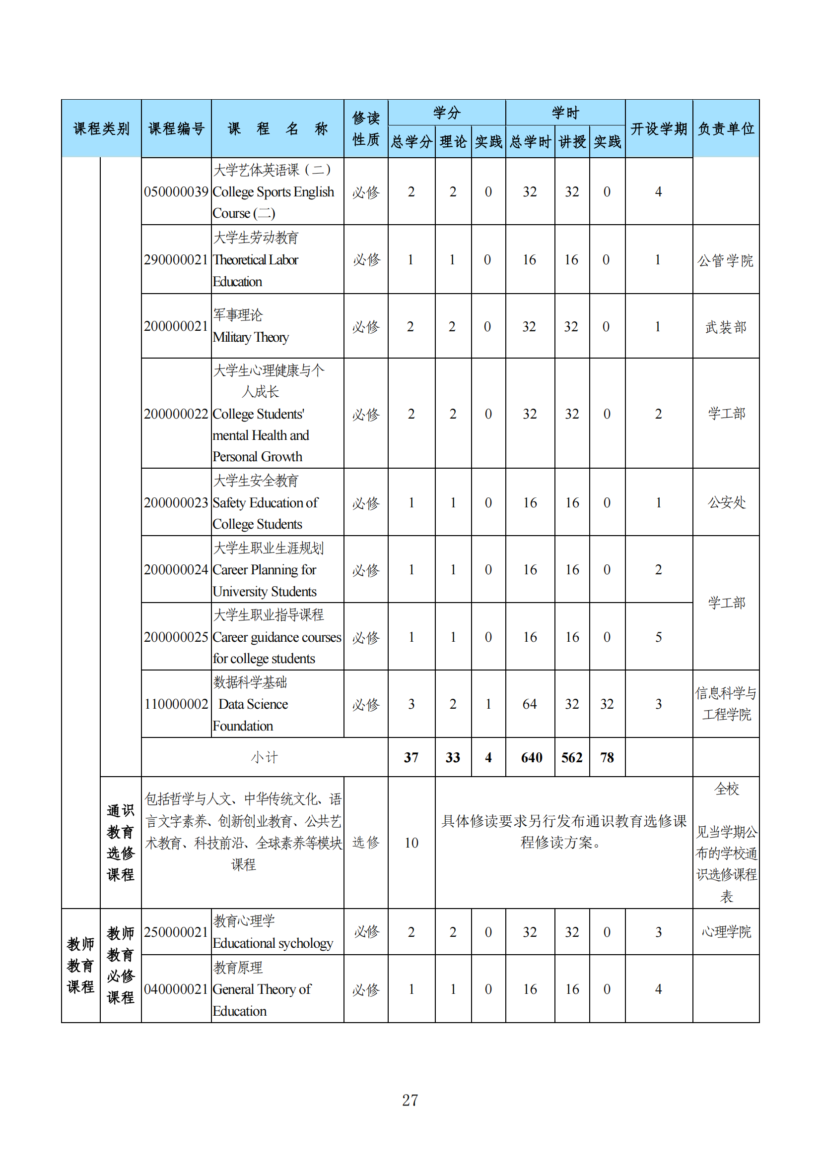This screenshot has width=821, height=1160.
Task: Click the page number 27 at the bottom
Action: pos(410,1100)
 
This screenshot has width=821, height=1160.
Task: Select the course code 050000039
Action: pos(176,192)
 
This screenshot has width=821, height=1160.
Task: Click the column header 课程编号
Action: pos(176,129)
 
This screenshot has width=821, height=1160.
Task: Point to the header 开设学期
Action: pos(658,129)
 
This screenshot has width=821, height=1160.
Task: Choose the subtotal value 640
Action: pos(531,757)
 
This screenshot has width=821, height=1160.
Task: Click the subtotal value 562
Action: pos(572,757)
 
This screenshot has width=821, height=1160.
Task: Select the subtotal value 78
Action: pos(607,757)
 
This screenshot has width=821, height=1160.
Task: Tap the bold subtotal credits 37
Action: pos(411,757)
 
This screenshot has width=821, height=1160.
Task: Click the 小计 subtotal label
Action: pos(265,757)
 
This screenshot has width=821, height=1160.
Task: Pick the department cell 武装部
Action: pos(726,327)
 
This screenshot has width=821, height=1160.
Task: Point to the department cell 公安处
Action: pos(726,502)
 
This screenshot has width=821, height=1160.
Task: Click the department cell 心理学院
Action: pos(726,932)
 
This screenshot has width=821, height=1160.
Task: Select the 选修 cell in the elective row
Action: pos(365,842)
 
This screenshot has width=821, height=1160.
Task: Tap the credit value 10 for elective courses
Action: pos(411,843)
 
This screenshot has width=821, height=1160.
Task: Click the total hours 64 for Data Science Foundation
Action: pos(530,704)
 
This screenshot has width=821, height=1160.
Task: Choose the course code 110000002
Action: pos(176,704)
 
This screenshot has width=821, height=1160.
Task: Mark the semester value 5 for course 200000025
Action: pos(658,637)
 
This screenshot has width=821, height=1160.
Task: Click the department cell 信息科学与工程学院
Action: pos(726,704)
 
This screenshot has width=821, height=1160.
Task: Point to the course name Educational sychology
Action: pos(273,943)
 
